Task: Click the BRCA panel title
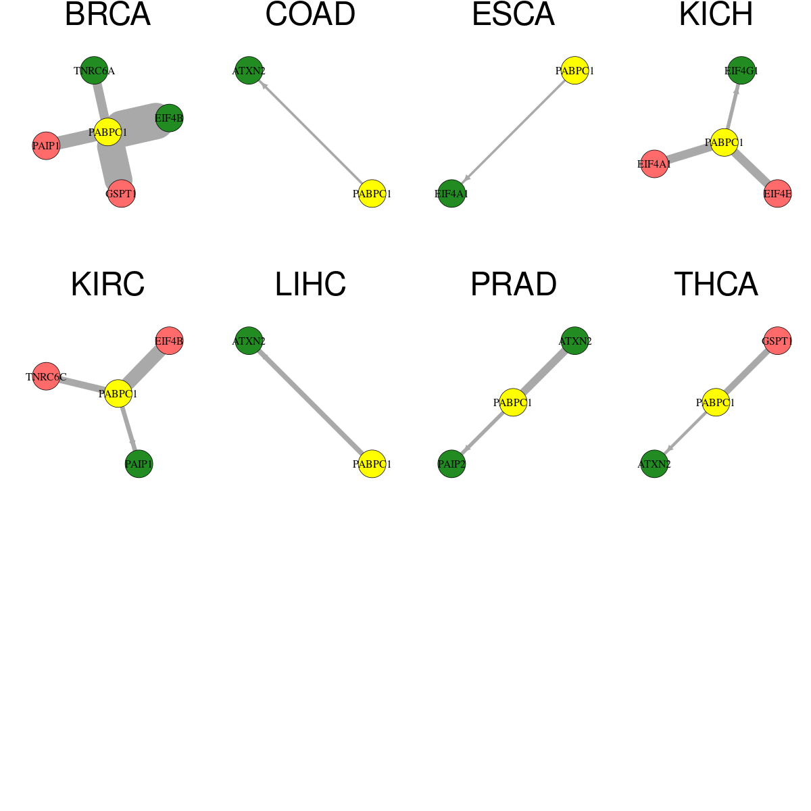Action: pos(107,15)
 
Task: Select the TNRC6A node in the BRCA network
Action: pos(94,70)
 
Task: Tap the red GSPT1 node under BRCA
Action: pos(121,193)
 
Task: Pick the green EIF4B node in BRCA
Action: pos(169,118)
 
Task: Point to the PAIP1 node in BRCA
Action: pos(47,145)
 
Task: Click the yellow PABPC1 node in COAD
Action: pos(372,193)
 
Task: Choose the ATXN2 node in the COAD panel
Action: pos(249,70)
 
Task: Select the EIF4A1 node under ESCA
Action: pos(451,193)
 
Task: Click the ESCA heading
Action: pos(513,15)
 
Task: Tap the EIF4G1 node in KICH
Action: pos(741,70)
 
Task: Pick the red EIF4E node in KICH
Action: pos(778,193)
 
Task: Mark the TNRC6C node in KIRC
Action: pos(47,376)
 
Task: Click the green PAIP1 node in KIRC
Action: pos(139,464)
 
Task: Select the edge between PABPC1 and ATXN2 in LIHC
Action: pos(311,402)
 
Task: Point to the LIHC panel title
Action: pos(311,285)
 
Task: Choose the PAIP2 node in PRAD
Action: pos(451,464)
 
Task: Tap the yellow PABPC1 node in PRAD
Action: pos(513,402)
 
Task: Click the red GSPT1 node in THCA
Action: pos(778,341)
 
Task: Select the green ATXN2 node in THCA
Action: pos(654,464)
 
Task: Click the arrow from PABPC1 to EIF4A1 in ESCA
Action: pos(513,132)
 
